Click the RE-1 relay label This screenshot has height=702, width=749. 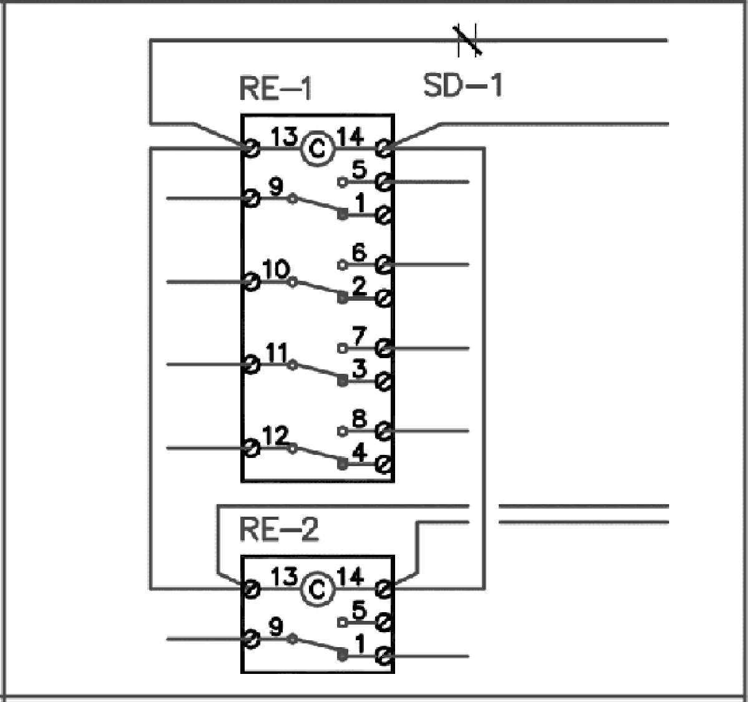click(x=275, y=89)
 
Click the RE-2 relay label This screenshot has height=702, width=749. click(x=278, y=530)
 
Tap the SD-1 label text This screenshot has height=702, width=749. click(x=462, y=85)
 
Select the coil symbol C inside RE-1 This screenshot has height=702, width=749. click(x=318, y=149)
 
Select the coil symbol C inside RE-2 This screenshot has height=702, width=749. click(x=318, y=589)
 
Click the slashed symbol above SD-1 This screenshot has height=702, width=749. click(x=467, y=41)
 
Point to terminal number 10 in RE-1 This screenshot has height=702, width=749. click(x=276, y=270)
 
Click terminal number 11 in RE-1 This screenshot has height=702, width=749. click(x=276, y=353)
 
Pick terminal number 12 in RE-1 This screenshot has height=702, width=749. click(x=276, y=436)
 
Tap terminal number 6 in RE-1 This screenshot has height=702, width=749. click(x=359, y=253)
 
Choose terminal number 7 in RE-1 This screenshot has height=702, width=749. click(x=359, y=336)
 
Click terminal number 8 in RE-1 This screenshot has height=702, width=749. click(x=359, y=419)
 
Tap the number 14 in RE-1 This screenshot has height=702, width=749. click(x=350, y=136)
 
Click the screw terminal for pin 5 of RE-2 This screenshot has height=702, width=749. click(x=384, y=622)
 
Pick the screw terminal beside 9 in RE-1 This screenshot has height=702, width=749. click(x=251, y=198)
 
